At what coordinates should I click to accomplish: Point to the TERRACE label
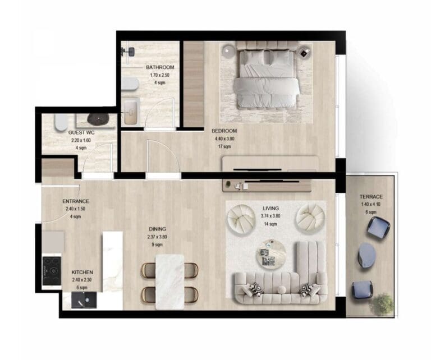[371, 197]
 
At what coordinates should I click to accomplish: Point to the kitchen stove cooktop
[52, 270]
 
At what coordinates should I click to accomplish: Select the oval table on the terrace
[367, 255]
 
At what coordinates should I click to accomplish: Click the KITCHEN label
[82, 272]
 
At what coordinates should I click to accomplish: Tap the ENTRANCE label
[75, 201]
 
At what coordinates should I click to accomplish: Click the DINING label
[157, 229]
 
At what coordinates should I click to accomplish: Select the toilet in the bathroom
[130, 84]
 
